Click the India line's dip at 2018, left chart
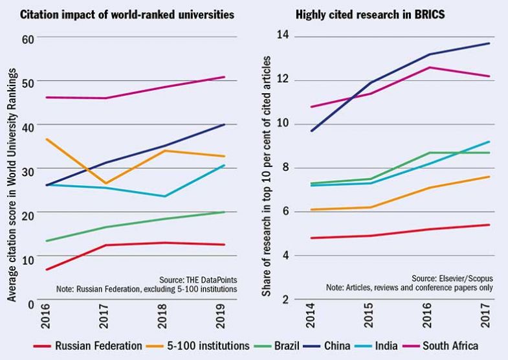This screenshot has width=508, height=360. click(165, 196)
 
